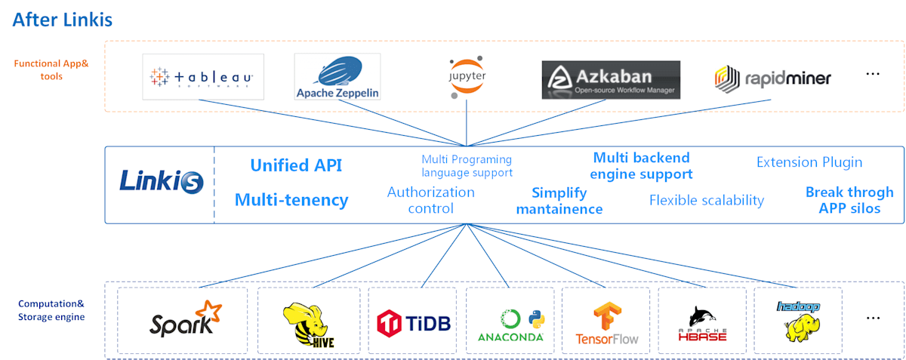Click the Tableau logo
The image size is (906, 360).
click(203, 77)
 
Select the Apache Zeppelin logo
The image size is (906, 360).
click(337, 76)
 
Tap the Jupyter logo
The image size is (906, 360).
click(467, 76)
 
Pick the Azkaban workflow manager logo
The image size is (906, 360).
click(611, 79)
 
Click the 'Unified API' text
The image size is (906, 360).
click(296, 165)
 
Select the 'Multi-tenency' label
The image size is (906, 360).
click(291, 200)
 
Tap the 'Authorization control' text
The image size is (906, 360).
click(431, 200)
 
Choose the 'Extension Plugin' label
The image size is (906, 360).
click(809, 162)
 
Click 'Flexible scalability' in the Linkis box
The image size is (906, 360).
click(707, 200)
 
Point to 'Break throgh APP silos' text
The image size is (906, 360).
click(849, 200)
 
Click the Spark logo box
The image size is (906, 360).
click(183, 320)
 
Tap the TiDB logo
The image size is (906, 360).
click(413, 322)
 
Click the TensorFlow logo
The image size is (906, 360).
click(606, 323)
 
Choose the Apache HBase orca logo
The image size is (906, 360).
click(702, 324)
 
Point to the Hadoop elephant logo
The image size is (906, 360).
click(799, 321)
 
